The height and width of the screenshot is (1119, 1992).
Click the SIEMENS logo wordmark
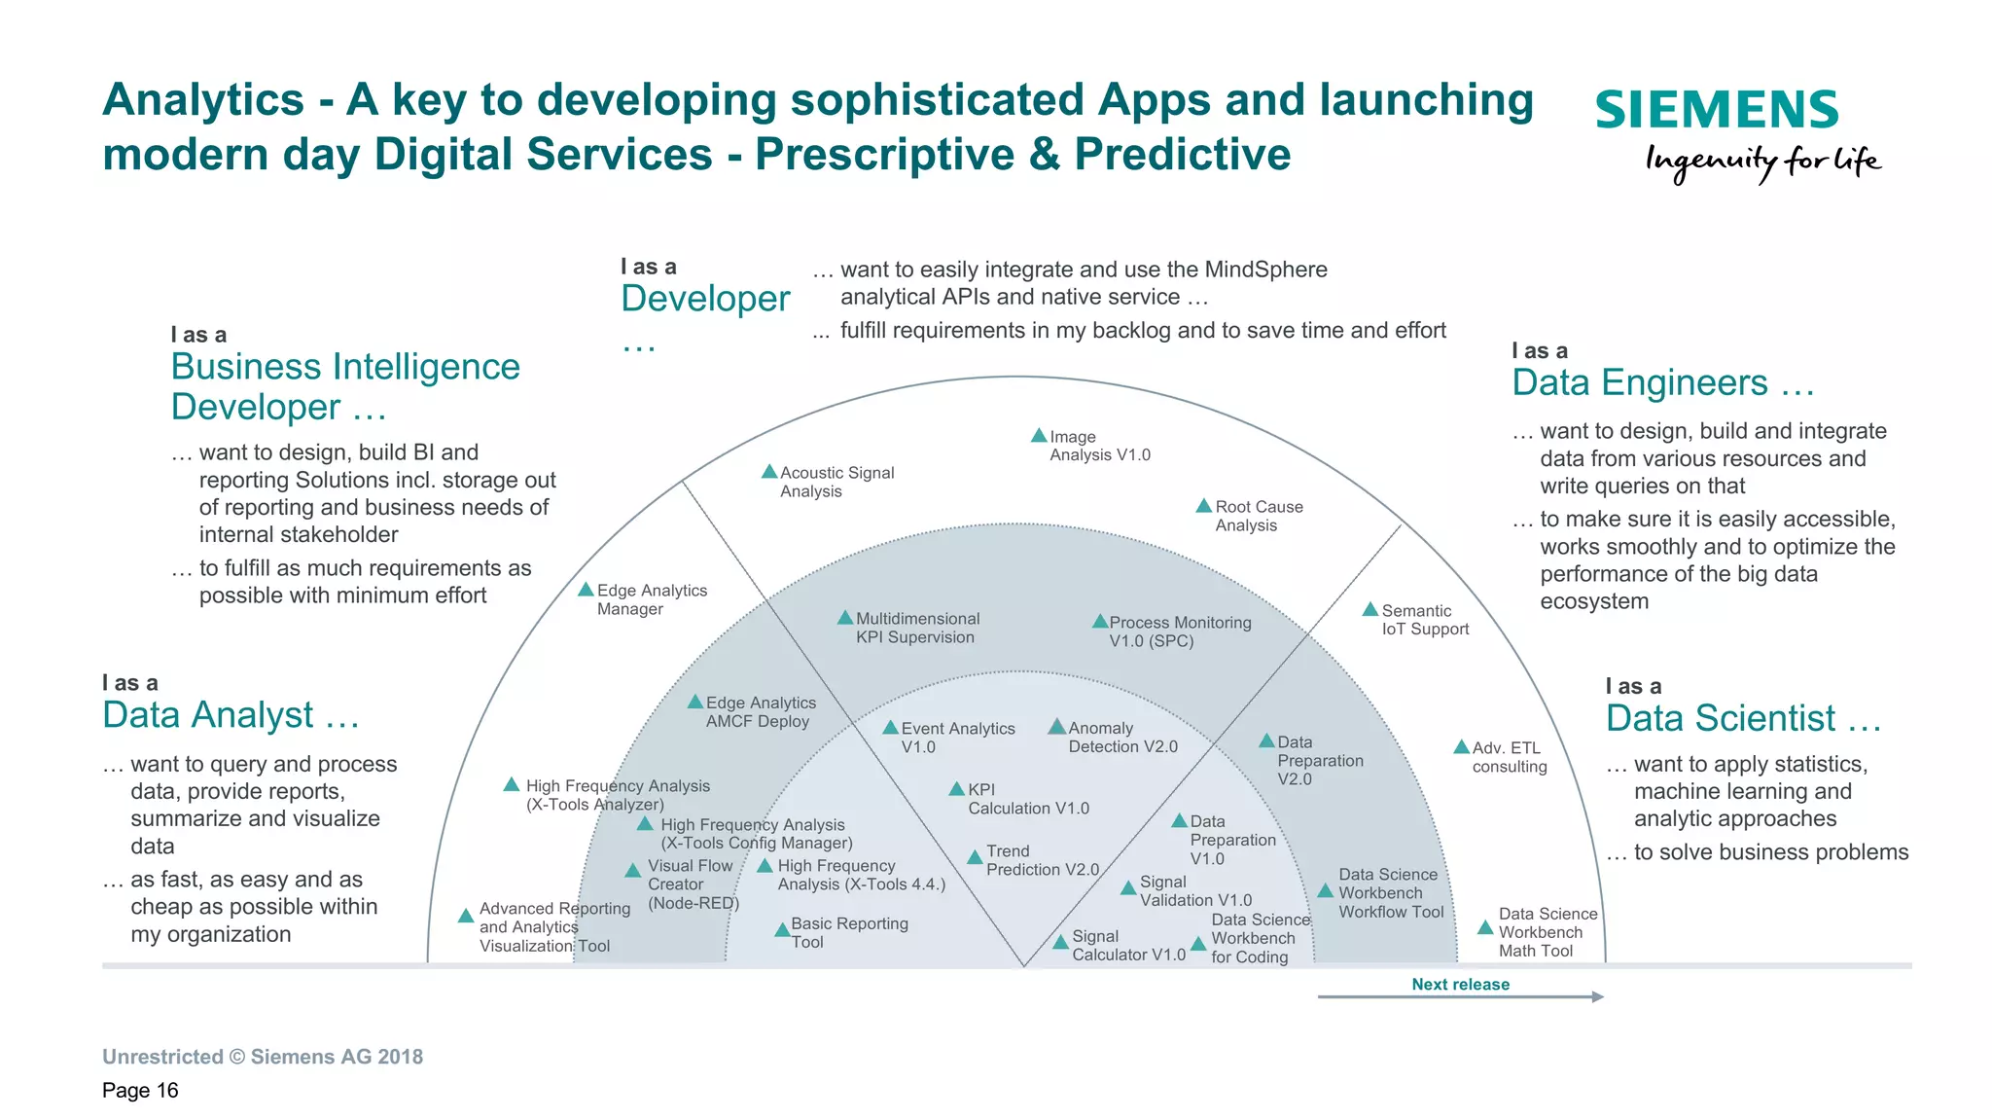(1716, 110)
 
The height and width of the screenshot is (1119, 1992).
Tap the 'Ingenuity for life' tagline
(1762, 162)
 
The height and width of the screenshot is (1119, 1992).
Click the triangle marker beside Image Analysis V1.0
(1039, 436)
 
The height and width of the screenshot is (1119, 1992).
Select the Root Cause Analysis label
(1258, 516)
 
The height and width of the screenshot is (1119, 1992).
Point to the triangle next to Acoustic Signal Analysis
(769, 472)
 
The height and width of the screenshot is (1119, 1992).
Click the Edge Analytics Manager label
(651, 599)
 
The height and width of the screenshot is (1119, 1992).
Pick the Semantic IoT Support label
(1424, 620)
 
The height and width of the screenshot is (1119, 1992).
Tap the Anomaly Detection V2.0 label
(1121, 738)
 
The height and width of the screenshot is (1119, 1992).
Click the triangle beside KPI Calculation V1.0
(957, 789)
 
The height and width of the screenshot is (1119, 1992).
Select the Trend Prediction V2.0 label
(1042, 860)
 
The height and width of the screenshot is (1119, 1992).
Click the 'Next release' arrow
(1460, 996)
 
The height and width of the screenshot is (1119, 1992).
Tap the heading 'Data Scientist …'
(1743, 718)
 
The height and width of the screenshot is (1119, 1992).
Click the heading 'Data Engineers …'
(1662, 382)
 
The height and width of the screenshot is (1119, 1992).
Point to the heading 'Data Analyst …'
(231, 715)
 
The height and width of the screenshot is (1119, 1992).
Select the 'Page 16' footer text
(140, 1090)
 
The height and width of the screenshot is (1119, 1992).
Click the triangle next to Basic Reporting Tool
(781, 930)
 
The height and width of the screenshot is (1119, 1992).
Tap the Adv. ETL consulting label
(1509, 757)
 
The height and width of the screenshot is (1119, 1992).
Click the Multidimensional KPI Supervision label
(916, 628)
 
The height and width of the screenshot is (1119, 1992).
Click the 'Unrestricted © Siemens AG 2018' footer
(263, 1057)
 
